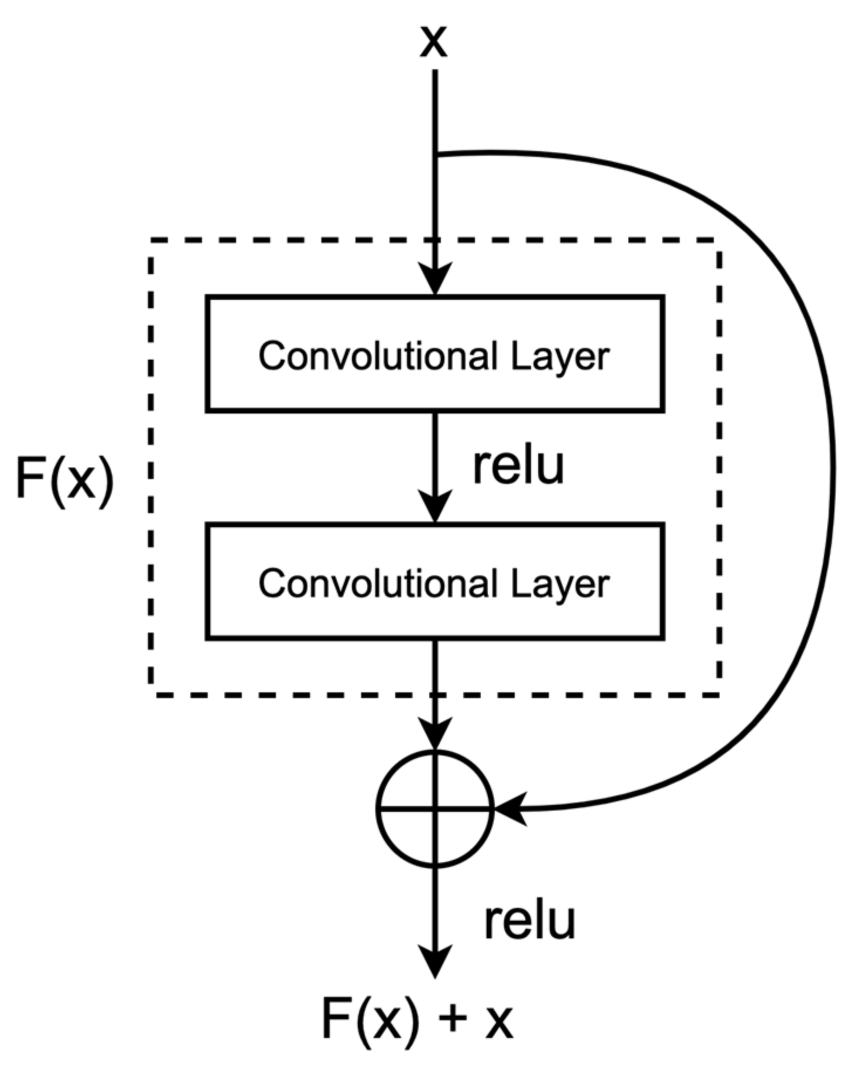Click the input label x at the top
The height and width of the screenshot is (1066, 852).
434,42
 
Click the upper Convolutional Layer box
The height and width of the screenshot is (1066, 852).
434,354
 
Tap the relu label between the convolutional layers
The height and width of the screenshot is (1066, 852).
518,466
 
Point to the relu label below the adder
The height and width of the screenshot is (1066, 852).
529,921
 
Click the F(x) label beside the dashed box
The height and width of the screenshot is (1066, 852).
64,479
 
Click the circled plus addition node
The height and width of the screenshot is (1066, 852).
434,809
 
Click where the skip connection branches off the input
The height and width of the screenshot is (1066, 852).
436,155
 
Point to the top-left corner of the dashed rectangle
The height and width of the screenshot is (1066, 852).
152,239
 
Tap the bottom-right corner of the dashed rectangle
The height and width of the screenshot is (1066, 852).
719,695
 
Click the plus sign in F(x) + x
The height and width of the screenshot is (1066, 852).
451,1021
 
